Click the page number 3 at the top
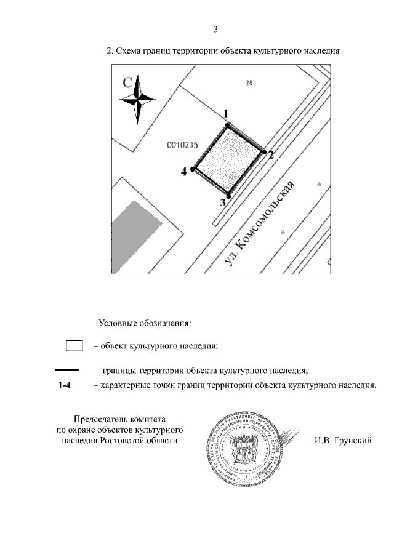point(215,29)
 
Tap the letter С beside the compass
point(127,82)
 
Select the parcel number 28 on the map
point(249,85)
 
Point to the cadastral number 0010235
point(182,146)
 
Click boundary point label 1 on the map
point(226,114)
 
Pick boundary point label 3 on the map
point(223,202)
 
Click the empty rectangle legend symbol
point(74,345)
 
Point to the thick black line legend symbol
point(67,370)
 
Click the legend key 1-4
point(65,386)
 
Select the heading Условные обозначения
point(145,323)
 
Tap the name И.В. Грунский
point(343,441)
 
